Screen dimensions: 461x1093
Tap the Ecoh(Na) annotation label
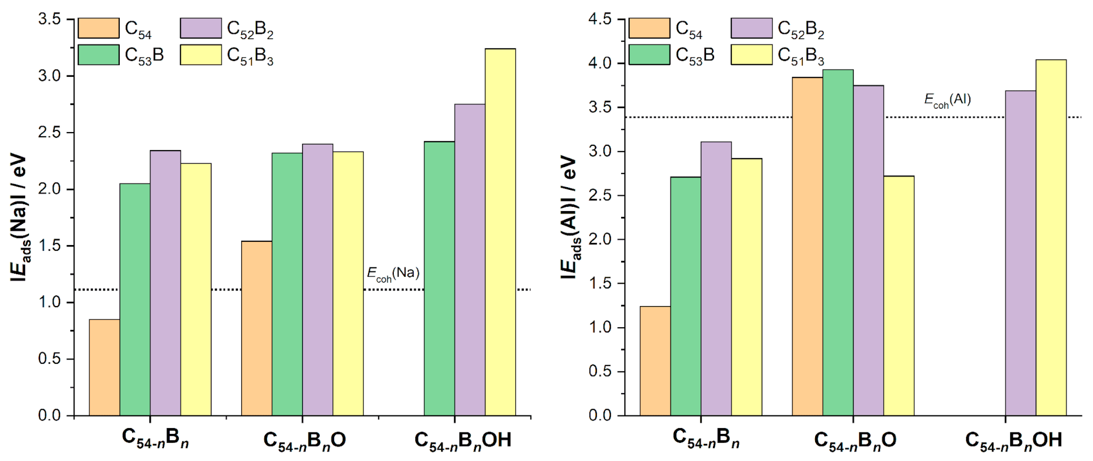[393, 274]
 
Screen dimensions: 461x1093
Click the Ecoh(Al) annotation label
[948, 100]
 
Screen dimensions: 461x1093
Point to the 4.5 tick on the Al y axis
[600, 19]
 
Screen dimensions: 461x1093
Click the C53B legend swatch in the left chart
[99, 55]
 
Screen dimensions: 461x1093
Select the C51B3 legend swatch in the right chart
[751, 55]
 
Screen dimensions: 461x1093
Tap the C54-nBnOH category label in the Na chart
[463, 440]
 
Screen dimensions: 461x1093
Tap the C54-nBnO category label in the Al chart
[855, 440]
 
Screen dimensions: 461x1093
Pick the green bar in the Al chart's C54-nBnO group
[838, 242]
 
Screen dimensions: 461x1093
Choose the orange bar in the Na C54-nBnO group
[256, 328]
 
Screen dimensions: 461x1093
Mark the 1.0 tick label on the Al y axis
[600, 328]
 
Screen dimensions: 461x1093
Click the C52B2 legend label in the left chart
[250, 29]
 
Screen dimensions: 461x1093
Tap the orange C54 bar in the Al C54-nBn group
[655, 360]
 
